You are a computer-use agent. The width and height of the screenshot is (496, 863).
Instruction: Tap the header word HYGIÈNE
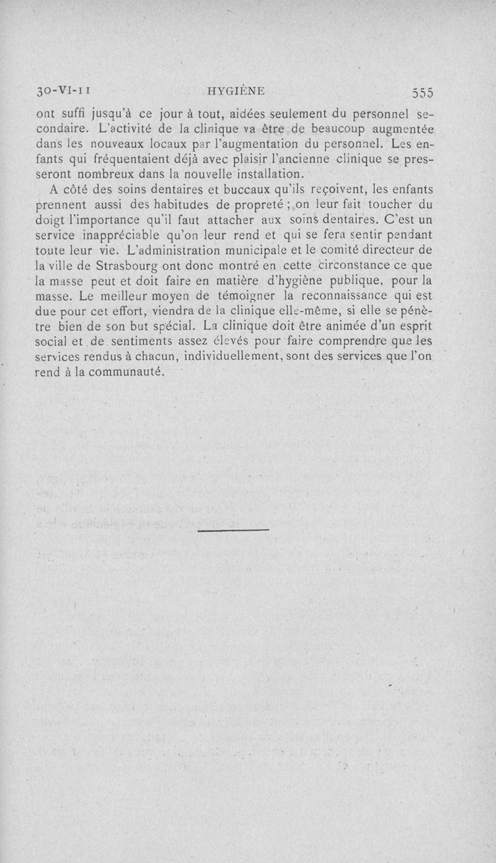tap(236, 91)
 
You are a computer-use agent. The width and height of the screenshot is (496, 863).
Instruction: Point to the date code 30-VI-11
tap(64, 91)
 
